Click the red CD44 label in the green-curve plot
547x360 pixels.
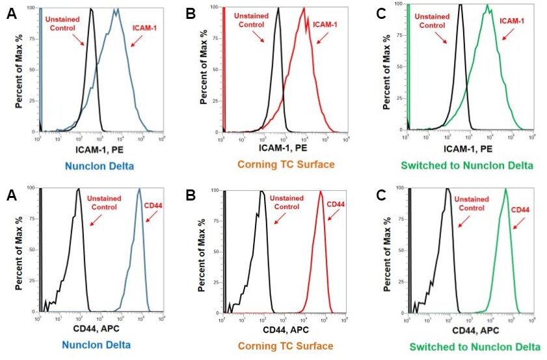tap(520, 210)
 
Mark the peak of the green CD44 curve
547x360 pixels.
tap(505, 189)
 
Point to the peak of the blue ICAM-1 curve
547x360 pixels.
tap(116, 10)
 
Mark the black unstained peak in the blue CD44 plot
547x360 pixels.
tap(78, 189)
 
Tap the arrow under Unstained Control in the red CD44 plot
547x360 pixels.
tap(278, 220)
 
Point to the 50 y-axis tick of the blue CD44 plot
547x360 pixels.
tap(33, 251)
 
